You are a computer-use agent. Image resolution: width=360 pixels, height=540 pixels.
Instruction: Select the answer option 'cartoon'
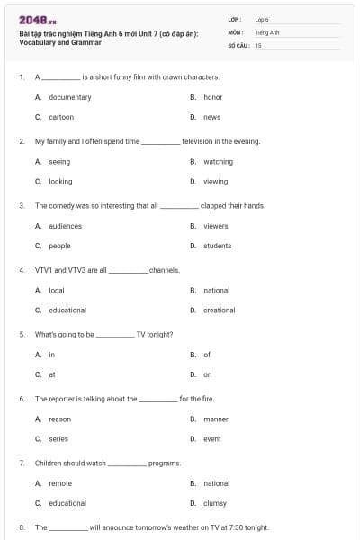61,117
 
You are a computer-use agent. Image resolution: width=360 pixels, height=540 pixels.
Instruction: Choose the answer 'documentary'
69,97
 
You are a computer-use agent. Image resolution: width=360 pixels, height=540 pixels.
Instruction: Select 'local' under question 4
57,291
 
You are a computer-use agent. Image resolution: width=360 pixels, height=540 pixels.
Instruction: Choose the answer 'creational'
219,310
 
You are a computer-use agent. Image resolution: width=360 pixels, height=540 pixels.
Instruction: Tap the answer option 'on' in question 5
207,374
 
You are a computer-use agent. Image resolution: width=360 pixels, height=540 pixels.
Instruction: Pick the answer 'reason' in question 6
59,419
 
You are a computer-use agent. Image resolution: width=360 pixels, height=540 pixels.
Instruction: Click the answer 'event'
211,439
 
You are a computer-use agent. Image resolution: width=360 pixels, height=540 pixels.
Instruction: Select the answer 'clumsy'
215,503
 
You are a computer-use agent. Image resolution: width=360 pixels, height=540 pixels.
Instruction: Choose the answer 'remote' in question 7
60,483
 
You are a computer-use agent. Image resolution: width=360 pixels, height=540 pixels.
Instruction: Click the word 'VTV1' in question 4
44,269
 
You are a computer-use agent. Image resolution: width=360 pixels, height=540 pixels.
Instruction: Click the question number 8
21,527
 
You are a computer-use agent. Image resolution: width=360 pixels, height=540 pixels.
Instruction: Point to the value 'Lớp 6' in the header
262,19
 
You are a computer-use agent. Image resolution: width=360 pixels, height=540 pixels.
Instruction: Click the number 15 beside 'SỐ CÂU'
258,44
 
